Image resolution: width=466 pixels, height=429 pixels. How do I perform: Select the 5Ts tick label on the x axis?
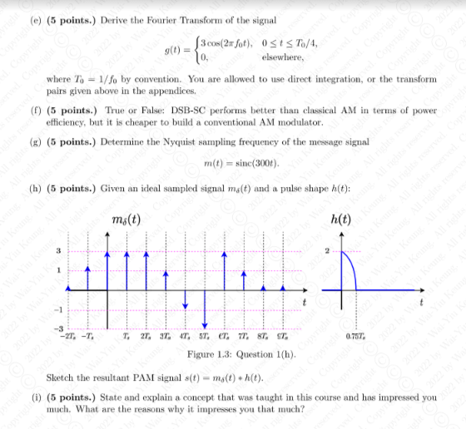click(203, 336)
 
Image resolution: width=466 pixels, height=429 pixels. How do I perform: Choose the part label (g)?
click(34, 141)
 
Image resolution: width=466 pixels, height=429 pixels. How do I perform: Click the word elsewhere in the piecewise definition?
click(280, 57)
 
